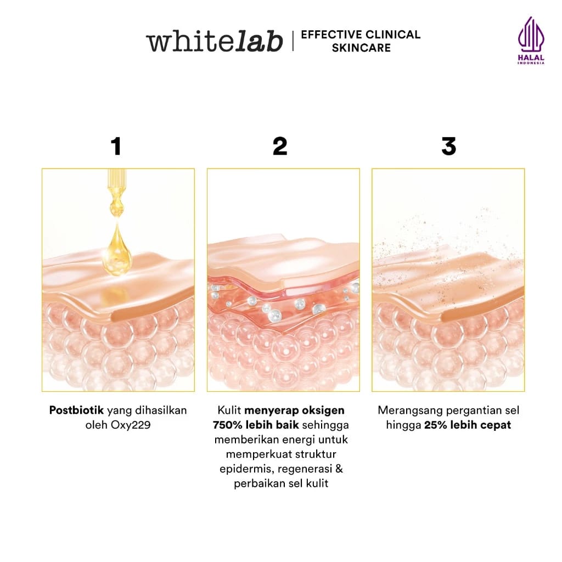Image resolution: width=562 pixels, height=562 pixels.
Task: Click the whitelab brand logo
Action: [214, 42]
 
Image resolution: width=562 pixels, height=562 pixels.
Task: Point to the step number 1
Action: [115, 147]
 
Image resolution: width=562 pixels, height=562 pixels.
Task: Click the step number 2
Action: [280, 147]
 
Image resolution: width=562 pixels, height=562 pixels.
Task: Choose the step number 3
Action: [448, 147]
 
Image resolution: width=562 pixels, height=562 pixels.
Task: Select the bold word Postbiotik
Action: [76, 411]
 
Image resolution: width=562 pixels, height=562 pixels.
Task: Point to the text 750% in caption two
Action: [228, 425]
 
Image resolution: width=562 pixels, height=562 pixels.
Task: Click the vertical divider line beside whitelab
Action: [293, 41]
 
